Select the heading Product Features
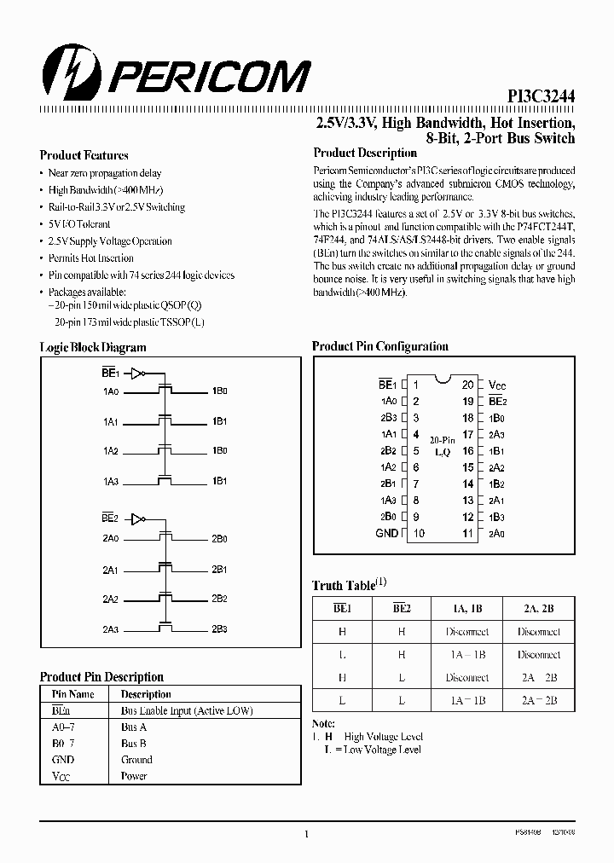pyautogui.click(x=84, y=155)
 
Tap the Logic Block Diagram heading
pyautogui.click(x=93, y=347)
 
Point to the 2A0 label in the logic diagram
pyautogui.click(x=111, y=538)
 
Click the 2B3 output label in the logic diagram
pyautogui.click(x=219, y=628)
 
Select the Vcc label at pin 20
pyautogui.click(x=497, y=385)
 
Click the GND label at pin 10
pyautogui.click(x=386, y=533)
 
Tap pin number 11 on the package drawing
pyautogui.click(x=467, y=533)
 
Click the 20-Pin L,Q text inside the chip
pyautogui.click(x=442, y=446)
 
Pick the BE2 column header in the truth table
pyautogui.click(x=401, y=609)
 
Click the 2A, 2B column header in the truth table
pyautogui.click(x=539, y=609)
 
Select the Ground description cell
pyautogui.click(x=136, y=759)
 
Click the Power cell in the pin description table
pyautogui.click(x=134, y=776)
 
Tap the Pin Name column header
pyautogui.click(x=73, y=694)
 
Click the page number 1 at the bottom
pyautogui.click(x=305, y=835)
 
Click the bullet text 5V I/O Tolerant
pyautogui.click(x=79, y=224)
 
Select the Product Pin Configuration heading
pyautogui.click(x=379, y=346)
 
